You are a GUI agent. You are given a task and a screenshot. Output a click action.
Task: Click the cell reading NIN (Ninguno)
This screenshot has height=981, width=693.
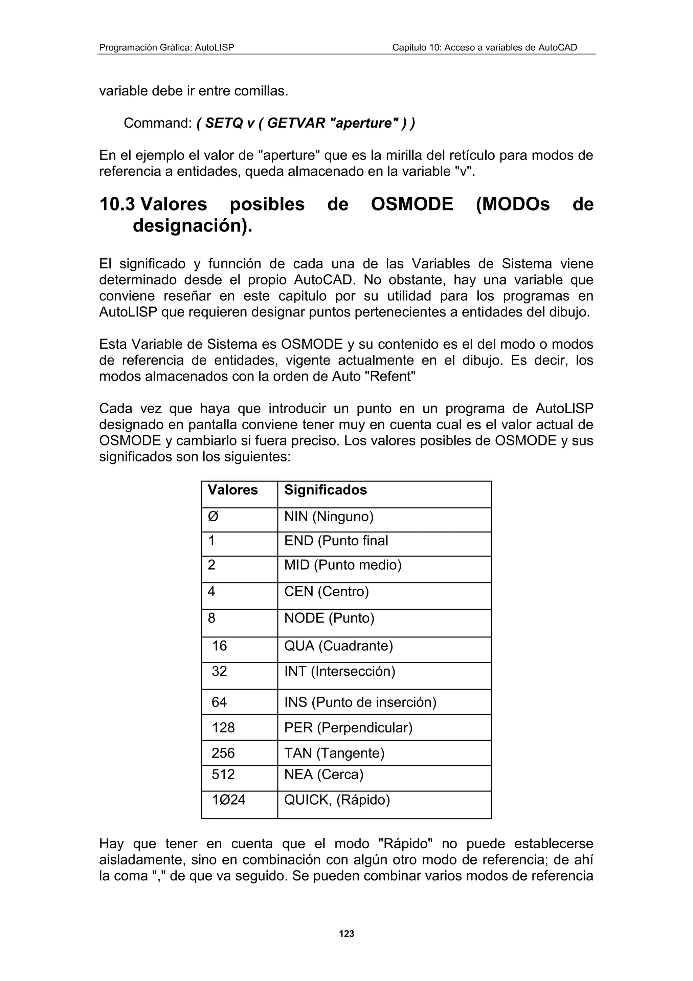click(x=329, y=517)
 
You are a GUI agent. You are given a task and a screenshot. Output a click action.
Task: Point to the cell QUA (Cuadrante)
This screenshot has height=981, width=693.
click(x=338, y=645)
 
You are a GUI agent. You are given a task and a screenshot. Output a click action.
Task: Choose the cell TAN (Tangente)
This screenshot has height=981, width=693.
click(x=334, y=753)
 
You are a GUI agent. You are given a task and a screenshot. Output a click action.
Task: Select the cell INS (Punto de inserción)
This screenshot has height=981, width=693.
click(x=360, y=702)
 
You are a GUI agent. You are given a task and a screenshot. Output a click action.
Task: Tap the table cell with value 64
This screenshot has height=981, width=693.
click(x=220, y=702)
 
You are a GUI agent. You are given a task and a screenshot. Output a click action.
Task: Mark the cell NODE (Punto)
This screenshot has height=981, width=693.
click(x=329, y=618)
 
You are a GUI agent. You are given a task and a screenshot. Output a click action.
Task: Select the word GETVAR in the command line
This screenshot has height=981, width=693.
click(x=296, y=123)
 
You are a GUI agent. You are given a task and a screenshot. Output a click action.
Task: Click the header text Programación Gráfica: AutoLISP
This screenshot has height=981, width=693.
click(x=166, y=47)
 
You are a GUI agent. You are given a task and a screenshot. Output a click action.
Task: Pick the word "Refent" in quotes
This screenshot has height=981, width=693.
click(x=389, y=376)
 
